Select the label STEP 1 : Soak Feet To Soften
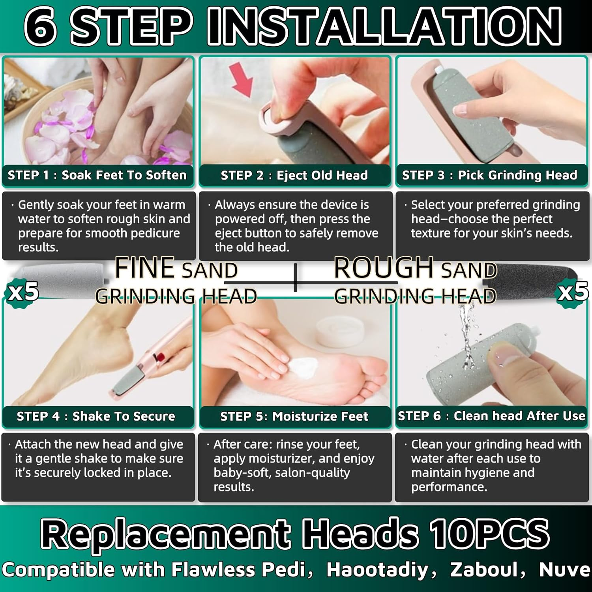(97, 175)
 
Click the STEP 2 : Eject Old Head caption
(294, 175)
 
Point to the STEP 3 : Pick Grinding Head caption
(489, 175)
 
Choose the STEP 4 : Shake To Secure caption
(96, 416)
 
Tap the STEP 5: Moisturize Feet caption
(294, 416)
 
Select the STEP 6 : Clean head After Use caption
(491, 416)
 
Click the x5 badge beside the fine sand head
(22, 292)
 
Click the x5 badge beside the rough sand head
(573, 292)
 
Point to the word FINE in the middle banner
(145, 268)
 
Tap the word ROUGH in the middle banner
(384, 268)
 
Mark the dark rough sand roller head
(529, 278)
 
